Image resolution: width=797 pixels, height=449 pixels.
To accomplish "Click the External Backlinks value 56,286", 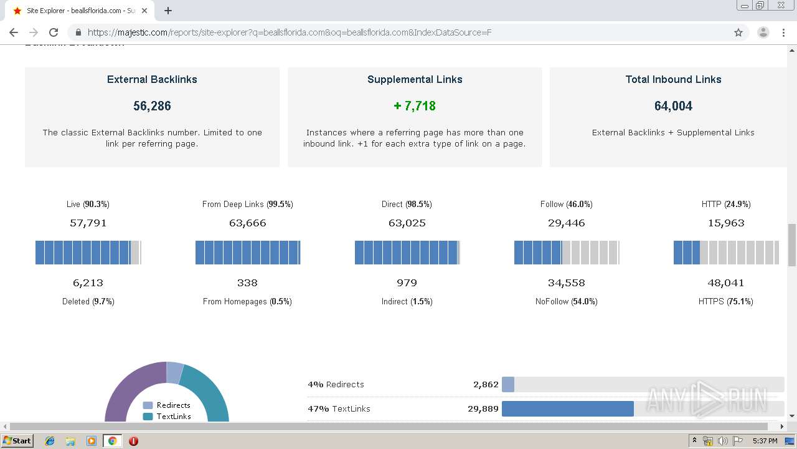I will click(x=152, y=106).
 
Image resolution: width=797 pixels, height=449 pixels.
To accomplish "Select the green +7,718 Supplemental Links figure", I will click(x=415, y=106).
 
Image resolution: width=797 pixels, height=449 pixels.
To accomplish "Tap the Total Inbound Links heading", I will click(x=673, y=79).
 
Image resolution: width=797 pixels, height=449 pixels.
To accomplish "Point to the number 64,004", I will click(x=673, y=106).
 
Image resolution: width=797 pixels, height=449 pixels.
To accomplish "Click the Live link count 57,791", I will click(x=88, y=223).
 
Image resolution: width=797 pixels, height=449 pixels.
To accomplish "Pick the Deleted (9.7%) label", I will click(x=88, y=301).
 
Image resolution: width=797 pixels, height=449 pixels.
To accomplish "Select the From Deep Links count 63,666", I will click(x=247, y=223).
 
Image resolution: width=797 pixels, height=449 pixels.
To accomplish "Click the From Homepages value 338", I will click(x=247, y=282).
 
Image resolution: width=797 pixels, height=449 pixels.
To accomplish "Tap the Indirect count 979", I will click(x=407, y=282).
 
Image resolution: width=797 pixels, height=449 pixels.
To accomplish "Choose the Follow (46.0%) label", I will click(x=566, y=204).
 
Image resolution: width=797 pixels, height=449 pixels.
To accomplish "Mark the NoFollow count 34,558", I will click(x=566, y=282).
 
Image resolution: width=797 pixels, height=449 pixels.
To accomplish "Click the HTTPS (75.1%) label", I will click(x=725, y=301).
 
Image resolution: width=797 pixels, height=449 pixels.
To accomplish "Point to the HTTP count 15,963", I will click(x=725, y=223).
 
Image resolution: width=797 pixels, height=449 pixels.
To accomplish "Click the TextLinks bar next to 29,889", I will click(x=567, y=409).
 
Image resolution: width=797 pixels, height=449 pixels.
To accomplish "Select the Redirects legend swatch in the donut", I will click(x=148, y=405).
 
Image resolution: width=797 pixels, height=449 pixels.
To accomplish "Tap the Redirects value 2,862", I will click(x=486, y=384).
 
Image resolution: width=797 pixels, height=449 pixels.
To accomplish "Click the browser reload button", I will click(x=54, y=32).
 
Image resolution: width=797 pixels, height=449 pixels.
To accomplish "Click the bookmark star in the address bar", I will click(x=738, y=32).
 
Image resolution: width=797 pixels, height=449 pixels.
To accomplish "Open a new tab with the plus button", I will click(x=168, y=11).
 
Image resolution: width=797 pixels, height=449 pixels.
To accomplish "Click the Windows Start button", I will click(x=17, y=441).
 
